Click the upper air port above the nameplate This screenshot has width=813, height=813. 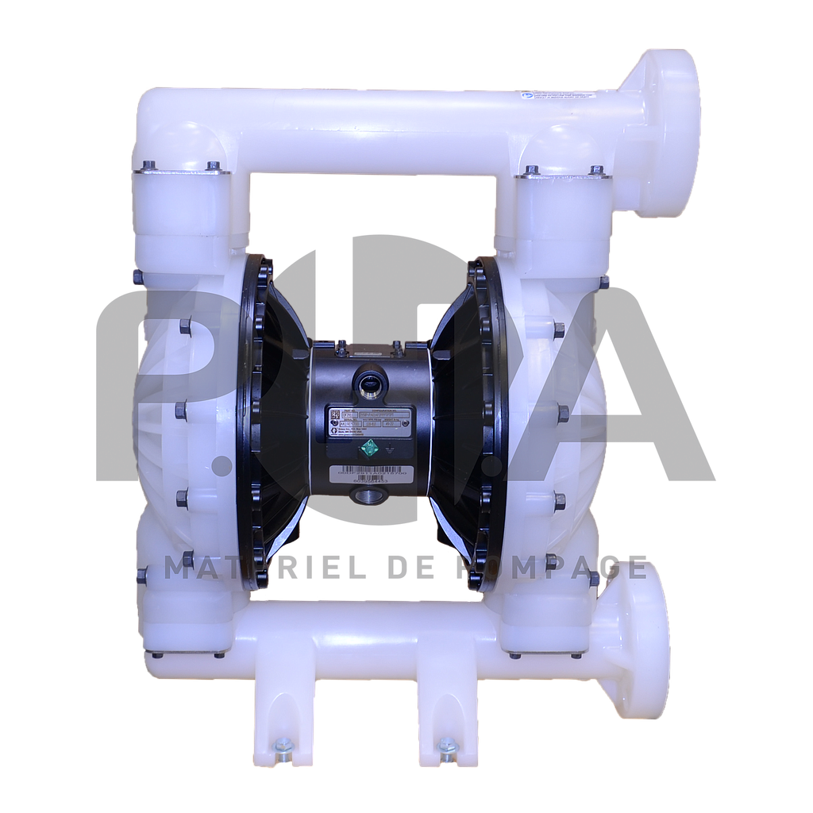pyautogui.click(x=369, y=382)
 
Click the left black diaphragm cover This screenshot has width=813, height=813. pyautogui.click(x=270, y=421)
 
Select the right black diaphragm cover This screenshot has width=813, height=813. pyautogui.click(x=468, y=421)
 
